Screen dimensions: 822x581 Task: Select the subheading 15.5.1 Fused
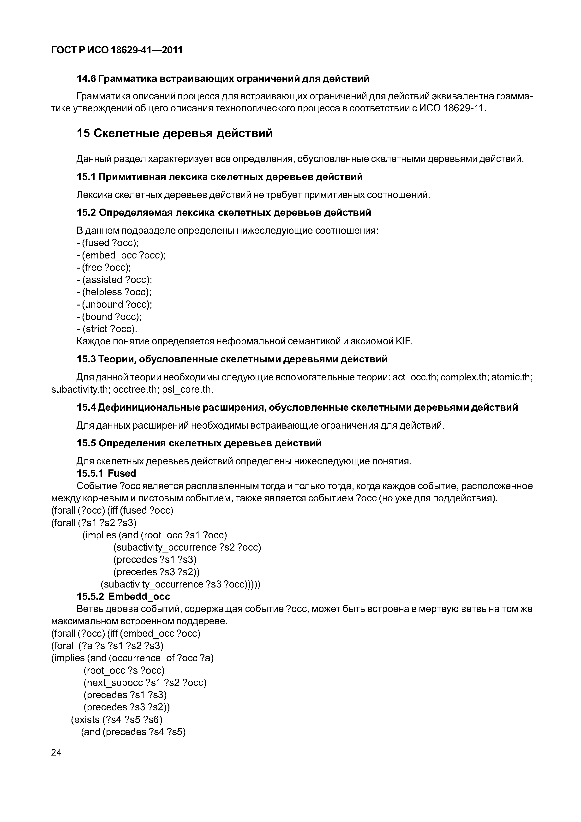tap(106, 473)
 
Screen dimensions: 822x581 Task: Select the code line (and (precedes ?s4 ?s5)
tap(133, 732)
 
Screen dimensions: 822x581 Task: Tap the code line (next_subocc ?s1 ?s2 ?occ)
tap(145, 683)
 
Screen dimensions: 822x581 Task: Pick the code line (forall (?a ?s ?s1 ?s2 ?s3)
tap(108, 646)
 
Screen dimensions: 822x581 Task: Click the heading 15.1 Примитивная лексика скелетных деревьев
tap(219, 177)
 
